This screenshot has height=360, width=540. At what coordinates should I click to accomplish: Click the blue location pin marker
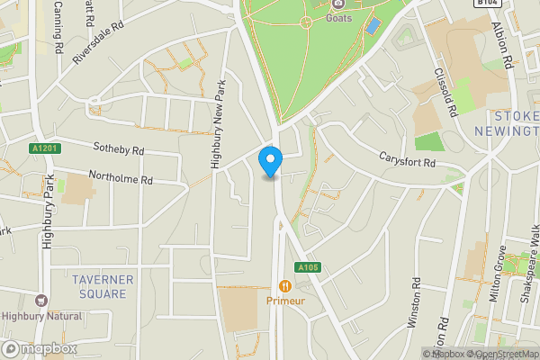click(270, 161)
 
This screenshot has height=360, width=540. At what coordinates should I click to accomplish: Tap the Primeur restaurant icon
click(284, 285)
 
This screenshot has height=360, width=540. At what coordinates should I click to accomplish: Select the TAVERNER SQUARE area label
click(103, 286)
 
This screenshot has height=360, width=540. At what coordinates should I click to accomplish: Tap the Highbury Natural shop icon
click(40, 301)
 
